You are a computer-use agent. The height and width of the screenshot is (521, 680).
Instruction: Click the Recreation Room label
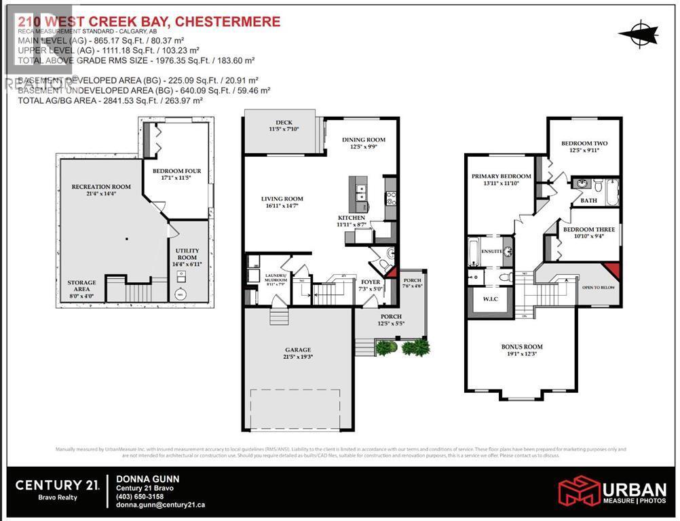(x=101, y=187)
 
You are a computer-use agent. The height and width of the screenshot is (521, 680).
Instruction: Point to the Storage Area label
(x=81, y=282)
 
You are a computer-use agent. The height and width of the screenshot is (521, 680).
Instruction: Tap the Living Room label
(x=282, y=199)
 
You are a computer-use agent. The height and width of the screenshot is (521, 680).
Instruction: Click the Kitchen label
(x=352, y=218)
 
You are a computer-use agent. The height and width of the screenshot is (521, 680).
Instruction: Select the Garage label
(x=299, y=351)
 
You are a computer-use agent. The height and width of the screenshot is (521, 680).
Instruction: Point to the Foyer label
(x=371, y=282)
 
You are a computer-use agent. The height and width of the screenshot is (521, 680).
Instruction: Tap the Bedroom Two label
(x=584, y=143)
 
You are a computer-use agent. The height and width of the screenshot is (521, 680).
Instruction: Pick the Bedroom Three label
(x=588, y=229)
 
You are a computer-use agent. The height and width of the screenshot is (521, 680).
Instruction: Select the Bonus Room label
(x=522, y=347)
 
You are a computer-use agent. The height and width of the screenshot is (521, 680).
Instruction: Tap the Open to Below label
(x=597, y=287)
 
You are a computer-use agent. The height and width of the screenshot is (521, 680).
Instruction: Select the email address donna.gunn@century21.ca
(x=161, y=505)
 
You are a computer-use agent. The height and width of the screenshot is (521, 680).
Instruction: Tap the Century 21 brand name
(x=58, y=484)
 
